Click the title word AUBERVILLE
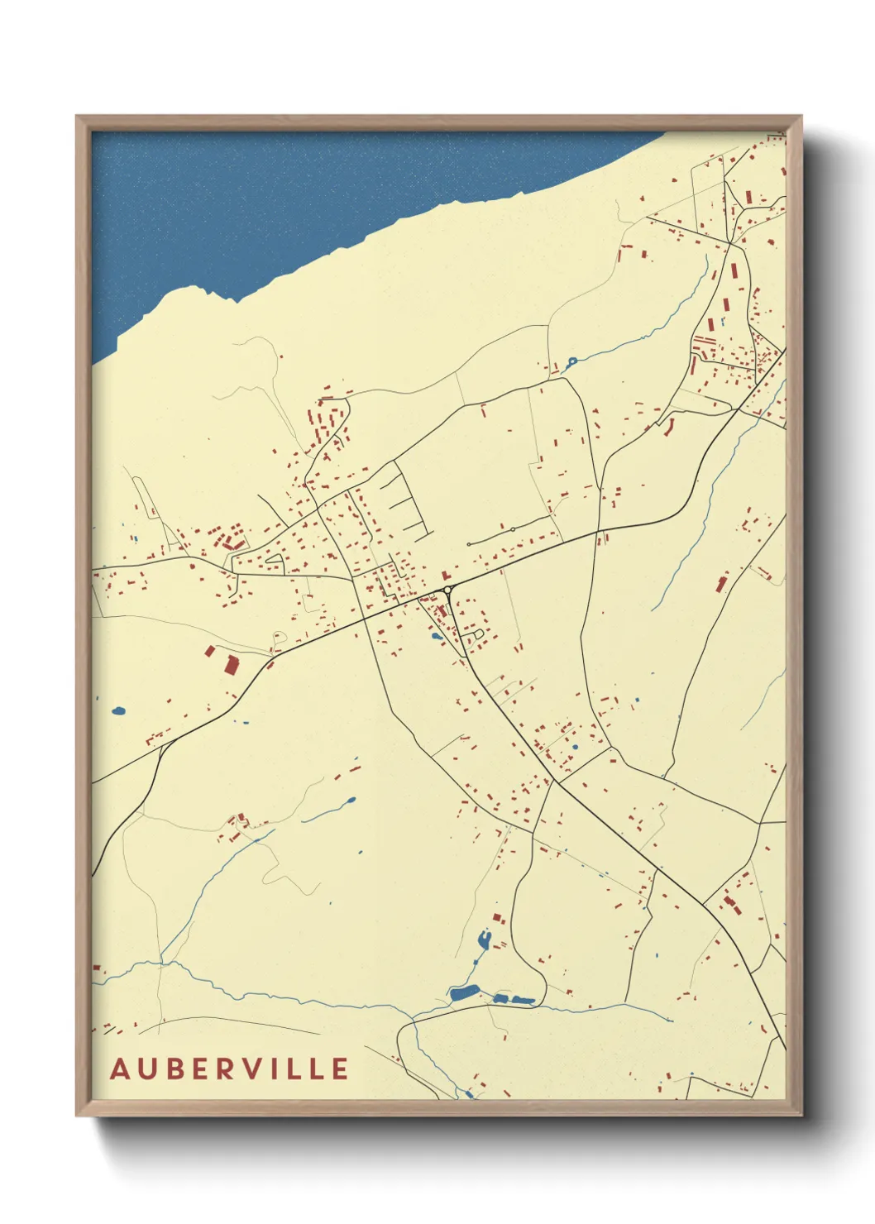point(229,1069)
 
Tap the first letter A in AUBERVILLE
point(120,1069)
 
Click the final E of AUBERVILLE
point(339,1069)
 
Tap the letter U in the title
point(146,1069)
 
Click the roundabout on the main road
point(447,590)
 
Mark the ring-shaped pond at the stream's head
point(571,361)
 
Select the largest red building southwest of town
point(231,664)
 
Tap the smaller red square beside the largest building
point(210,652)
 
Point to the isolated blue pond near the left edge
point(118,710)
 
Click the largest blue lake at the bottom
point(464,992)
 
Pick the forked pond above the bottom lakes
point(483,940)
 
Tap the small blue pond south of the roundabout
point(435,637)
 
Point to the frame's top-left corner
point(77,117)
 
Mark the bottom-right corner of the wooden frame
point(801,1115)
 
